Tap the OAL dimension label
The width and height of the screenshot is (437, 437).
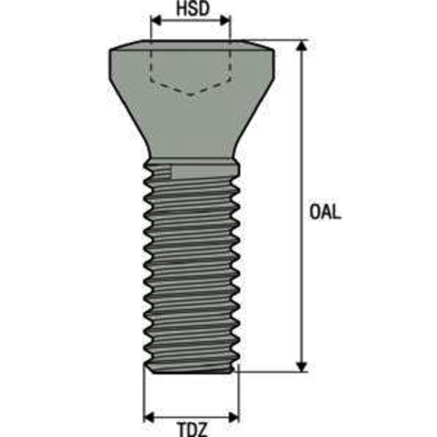pyautogui.click(x=325, y=212)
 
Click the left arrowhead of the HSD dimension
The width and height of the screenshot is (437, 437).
pyautogui.click(x=155, y=22)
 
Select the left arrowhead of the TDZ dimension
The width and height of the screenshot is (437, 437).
pyautogui.click(x=148, y=415)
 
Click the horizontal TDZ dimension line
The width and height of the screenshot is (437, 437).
pyautogui.click(x=191, y=415)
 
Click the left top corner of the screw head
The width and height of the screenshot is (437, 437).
pyautogui.click(x=111, y=50)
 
